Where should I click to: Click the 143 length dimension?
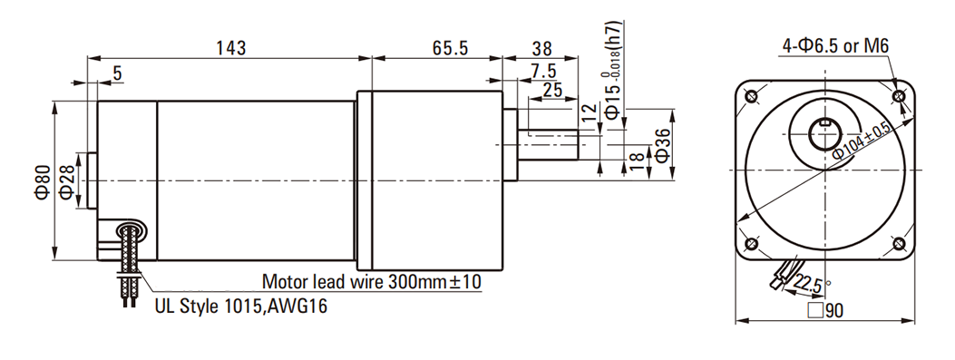click(231, 48)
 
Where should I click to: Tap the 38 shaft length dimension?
click(542, 48)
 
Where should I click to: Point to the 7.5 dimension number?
click(542, 72)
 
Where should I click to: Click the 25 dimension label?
click(551, 90)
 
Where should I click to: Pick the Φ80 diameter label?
click(42, 182)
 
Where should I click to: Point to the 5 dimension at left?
click(117, 73)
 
